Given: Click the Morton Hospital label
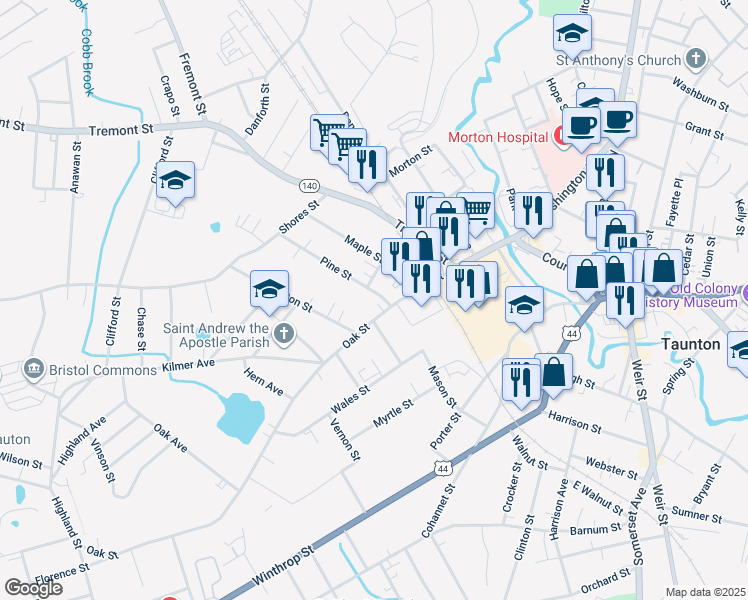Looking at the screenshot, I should click(496, 137).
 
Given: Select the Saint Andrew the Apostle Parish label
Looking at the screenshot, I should click(217, 335).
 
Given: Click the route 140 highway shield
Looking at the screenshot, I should click(310, 186).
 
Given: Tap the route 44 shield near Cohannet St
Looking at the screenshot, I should click(441, 467).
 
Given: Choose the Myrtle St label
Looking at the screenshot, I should click(393, 414).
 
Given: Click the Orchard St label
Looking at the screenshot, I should click(606, 578).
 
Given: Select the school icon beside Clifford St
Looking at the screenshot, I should click(176, 181).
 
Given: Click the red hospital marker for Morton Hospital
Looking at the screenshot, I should click(562, 137).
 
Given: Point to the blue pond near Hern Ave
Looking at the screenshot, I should click(239, 417).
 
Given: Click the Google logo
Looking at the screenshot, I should click(33, 587).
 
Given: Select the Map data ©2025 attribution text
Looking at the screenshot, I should click(705, 592).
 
